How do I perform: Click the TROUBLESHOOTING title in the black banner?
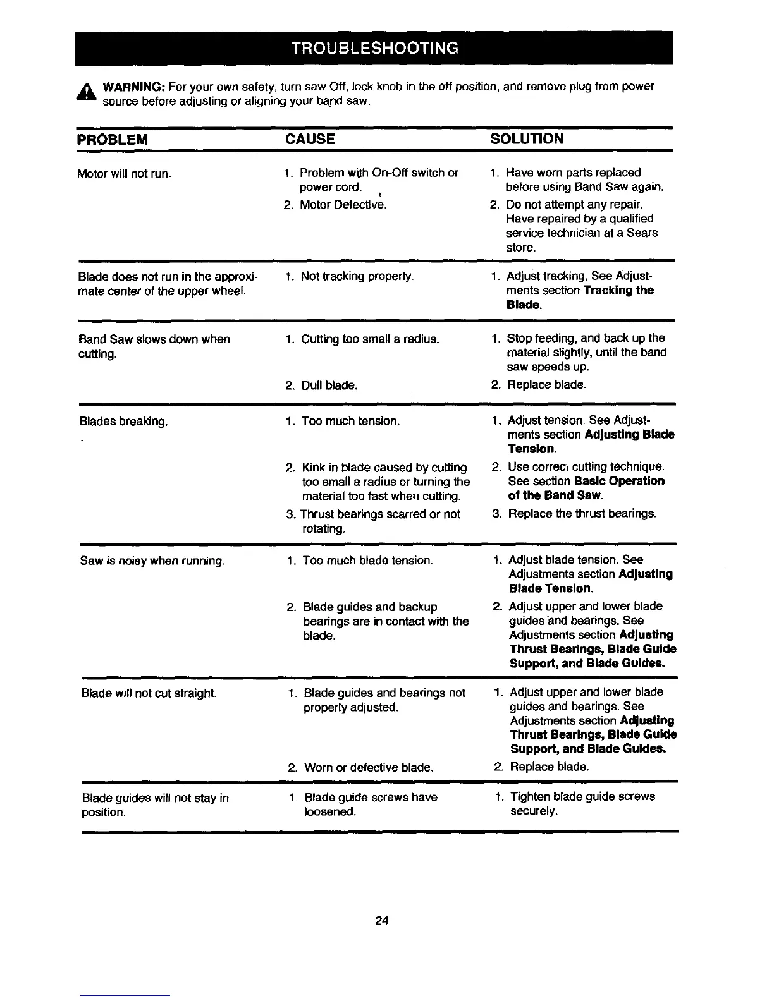coord(374,48)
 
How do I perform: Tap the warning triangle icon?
coord(86,93)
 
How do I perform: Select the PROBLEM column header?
coord(112,139)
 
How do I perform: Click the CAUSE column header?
coord(310,139)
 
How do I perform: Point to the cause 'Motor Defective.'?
coord(343,205)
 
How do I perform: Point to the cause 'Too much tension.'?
coord(350,421)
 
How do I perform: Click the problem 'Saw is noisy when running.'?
coord(153,561)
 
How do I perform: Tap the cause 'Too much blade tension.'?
coord(367,561)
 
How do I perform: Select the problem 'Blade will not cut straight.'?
coord(149,693)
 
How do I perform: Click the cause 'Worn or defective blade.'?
coord(369,767)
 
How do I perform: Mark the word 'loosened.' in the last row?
coord(330,811)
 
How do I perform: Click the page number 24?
coord(381,921)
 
